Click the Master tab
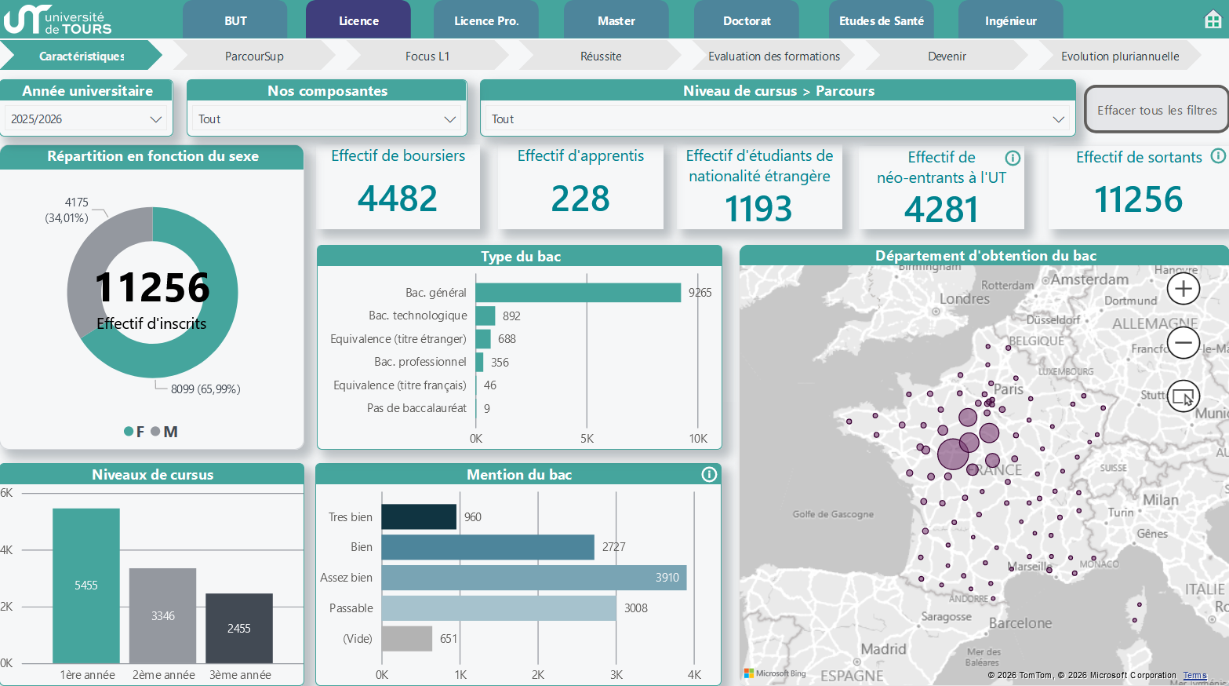[x=616, y=20]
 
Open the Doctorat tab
[x=747, y=20]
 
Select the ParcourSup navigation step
[x=254, y=56]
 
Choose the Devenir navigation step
[x=947, y=56]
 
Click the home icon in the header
[x=1213, y=20]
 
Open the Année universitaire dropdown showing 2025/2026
[x=86, y=119]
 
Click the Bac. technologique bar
[x=485, y=316]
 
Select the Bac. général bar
[x=578, y=293]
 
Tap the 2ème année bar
[x=162, y=615]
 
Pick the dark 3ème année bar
[x=239, y=629]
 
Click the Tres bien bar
[x=419, y=516]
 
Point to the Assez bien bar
[x=534, y=577]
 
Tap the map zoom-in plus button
[x=1183, y=289]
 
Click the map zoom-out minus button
[x=1183, y=343]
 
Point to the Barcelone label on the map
[x=1020, y=623]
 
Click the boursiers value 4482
[x=397, y=199]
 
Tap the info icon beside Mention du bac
[x=709, y=475]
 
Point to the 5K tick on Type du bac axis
[x=587, y=439]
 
